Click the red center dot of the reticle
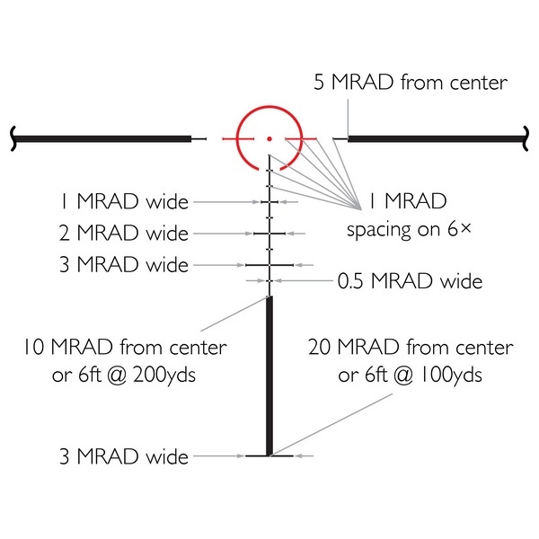269,139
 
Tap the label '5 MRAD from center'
411,83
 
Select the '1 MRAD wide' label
125,201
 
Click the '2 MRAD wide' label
124,233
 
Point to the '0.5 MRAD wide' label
410,281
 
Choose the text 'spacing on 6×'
409,230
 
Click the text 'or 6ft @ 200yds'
124,375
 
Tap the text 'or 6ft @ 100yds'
410,375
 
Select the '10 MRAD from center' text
125,347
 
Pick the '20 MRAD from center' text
411,347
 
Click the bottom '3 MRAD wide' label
124,456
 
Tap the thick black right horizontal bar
436,139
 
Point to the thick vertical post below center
269,376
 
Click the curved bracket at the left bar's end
13,139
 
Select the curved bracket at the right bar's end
526,139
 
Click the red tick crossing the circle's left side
238,139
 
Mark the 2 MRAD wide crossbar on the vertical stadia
269,234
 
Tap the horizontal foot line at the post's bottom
269,455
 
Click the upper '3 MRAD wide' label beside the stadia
124,265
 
